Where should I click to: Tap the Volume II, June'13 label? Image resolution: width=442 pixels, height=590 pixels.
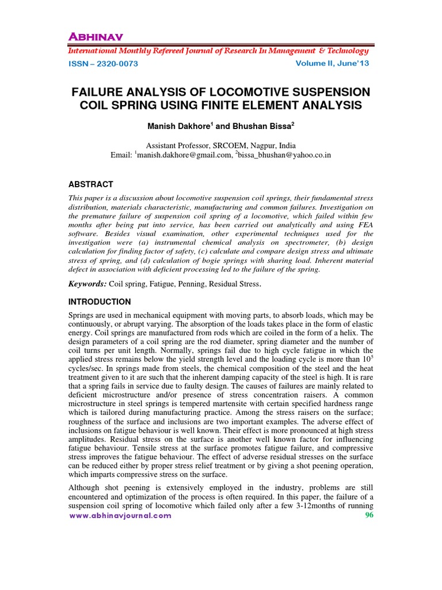click(x=332, y=63)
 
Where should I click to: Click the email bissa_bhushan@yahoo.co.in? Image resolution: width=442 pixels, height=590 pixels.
click(x=285, y=156)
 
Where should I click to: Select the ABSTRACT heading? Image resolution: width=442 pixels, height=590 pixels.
click(x=91, y=184)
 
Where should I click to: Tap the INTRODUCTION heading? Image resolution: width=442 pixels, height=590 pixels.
click(x=100, y=302)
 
